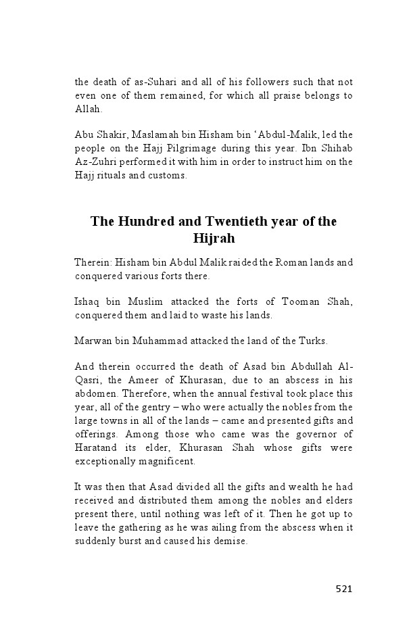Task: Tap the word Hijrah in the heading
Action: pos(214,239)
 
